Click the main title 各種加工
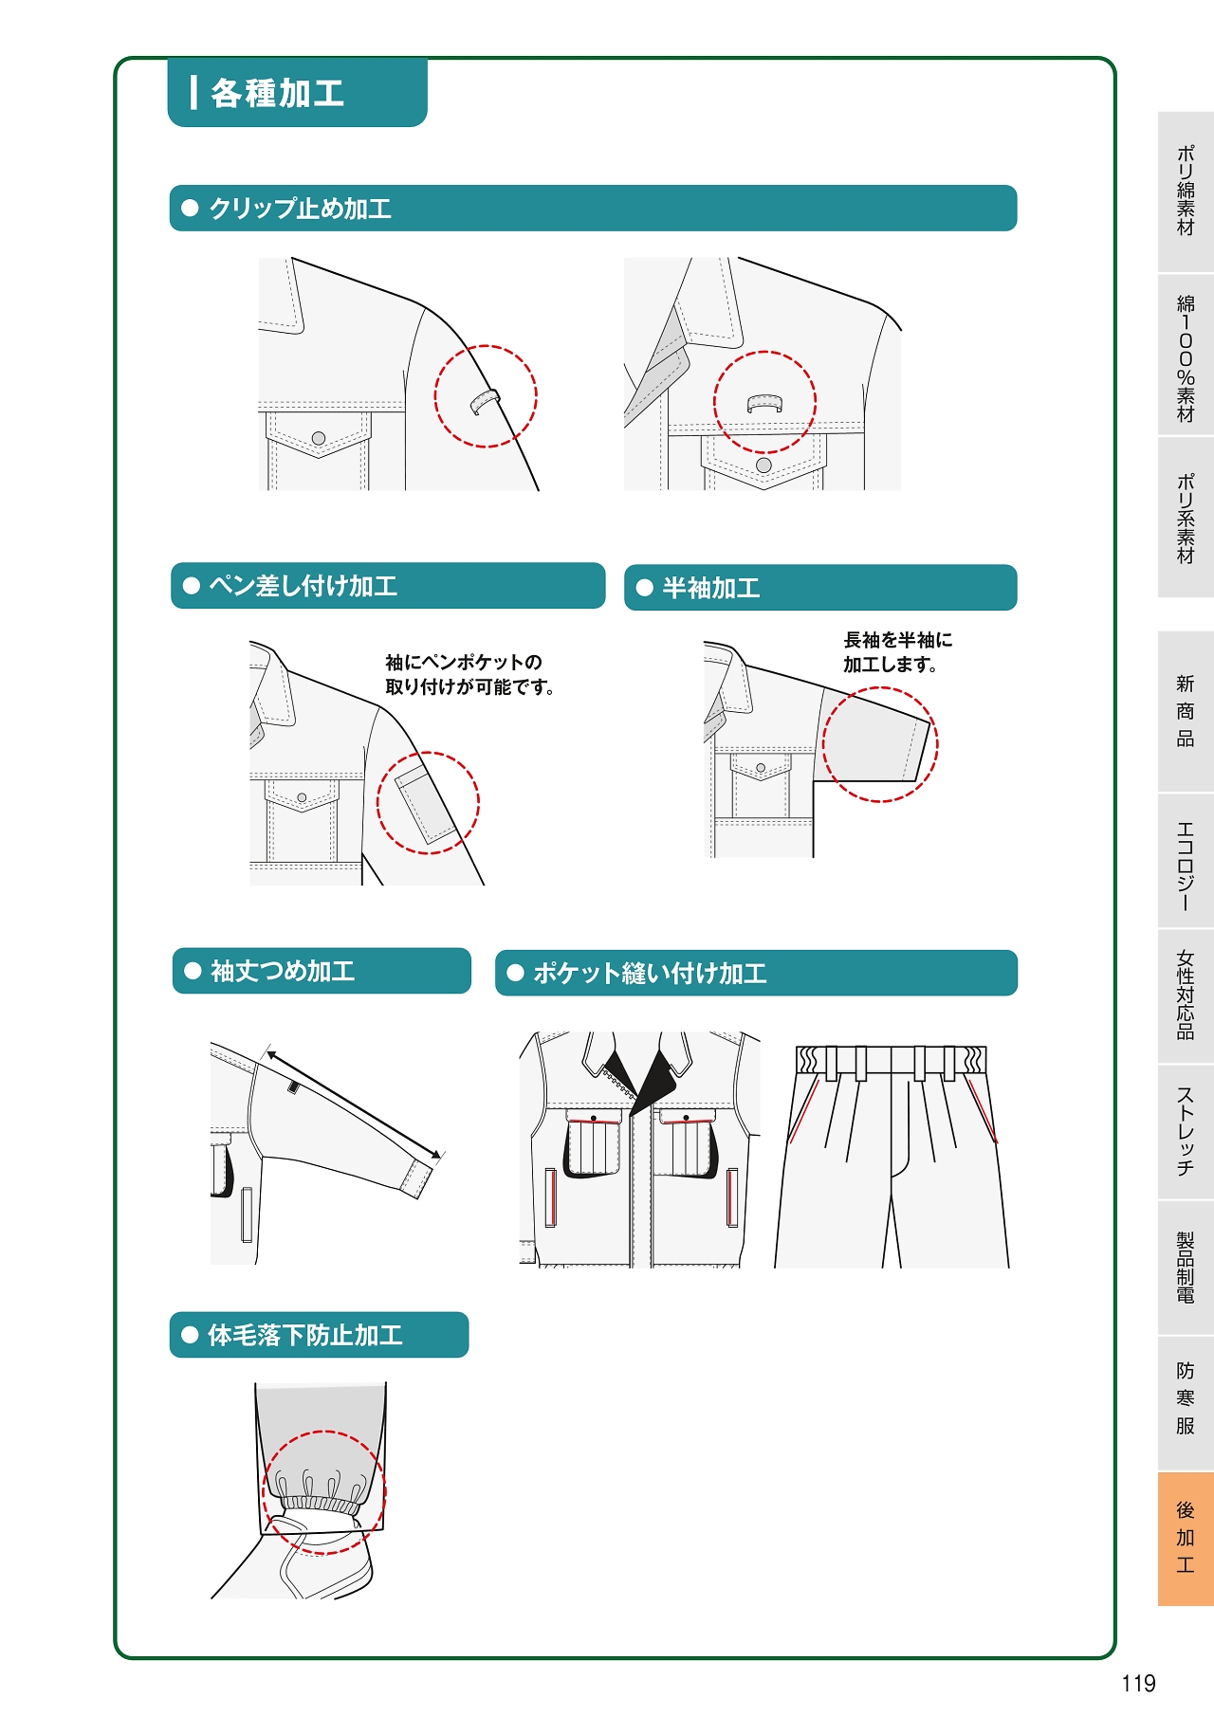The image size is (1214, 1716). click(277, 93)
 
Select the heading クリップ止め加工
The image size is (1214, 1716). click(300, 209)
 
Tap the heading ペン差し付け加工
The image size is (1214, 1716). click(303, 586)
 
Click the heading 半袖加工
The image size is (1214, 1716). click(711, 588)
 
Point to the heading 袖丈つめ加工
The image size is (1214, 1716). click(283, 971)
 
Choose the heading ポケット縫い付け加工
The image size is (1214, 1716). click(650, 973)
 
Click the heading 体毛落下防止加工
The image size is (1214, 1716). click(305, 1335)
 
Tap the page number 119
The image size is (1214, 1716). click(1138, 1683)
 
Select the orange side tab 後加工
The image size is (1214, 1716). click(1186, 1538)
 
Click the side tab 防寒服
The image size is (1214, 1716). click(1186, 1398)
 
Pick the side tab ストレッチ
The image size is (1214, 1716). click(1186, 1131)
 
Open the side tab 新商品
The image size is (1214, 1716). click(1186, 711)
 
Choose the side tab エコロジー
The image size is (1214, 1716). click(1186, 861)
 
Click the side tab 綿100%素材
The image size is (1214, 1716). click(1186, 356)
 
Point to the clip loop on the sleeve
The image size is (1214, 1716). click(485, 400)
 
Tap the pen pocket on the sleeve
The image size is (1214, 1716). click(424, 802)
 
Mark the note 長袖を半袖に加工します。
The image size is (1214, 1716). click(898, 652)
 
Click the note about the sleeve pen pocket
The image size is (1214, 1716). click(469, 674)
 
